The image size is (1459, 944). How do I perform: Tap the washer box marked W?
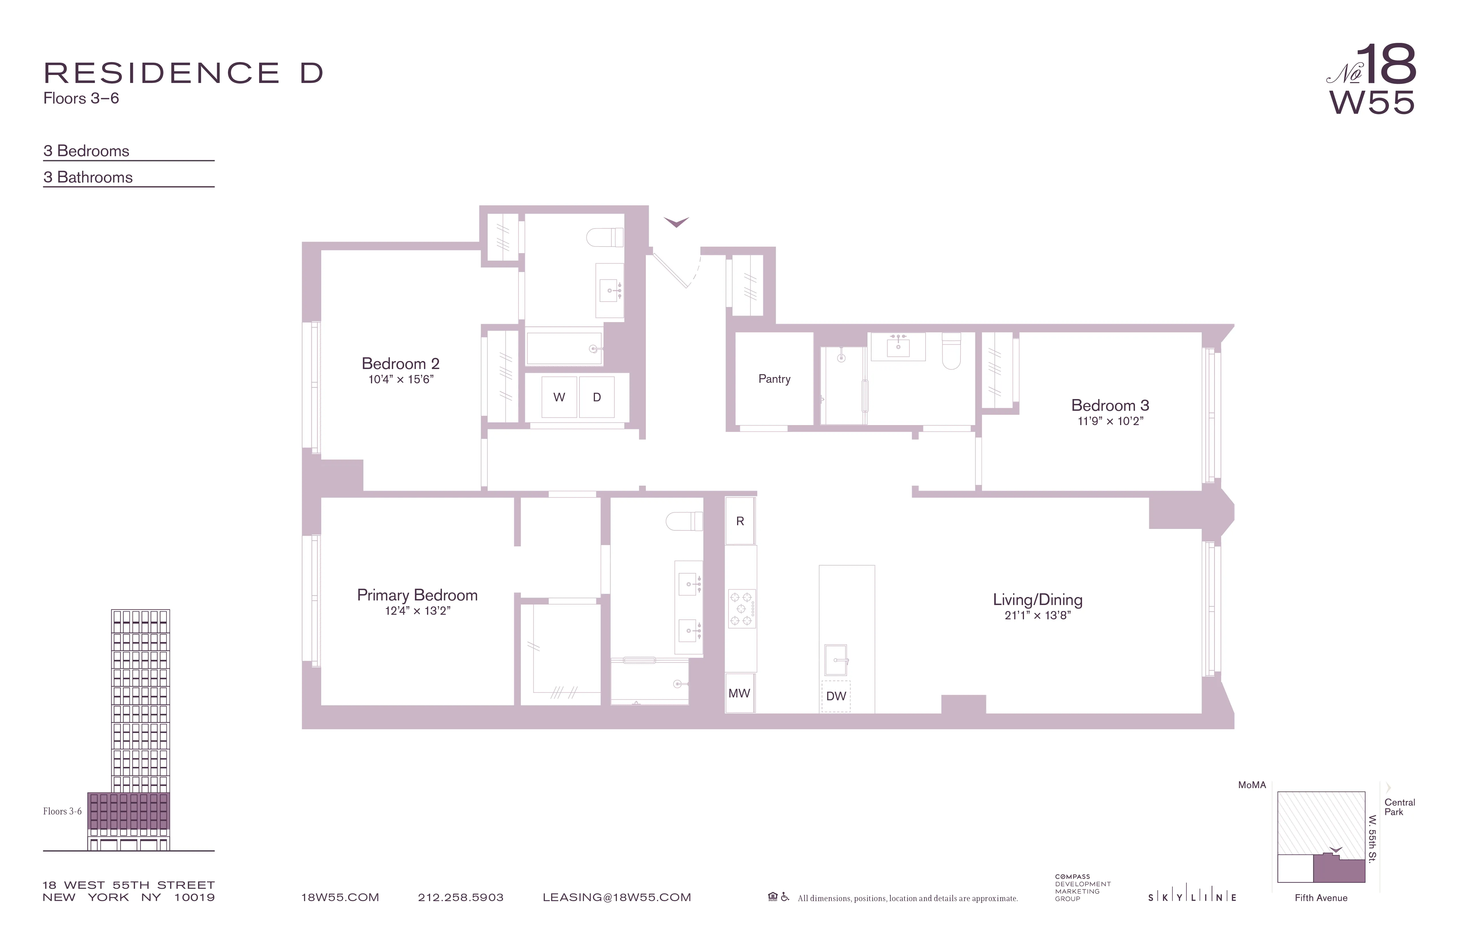(x=559, y=397)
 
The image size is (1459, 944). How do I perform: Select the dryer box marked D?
(x=597, y=397)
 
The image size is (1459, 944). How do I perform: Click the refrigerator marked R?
(x=740, y=521)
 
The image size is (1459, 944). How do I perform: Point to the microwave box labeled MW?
(x=739, y=693)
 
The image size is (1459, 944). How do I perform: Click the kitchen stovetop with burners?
(x=741, y=609)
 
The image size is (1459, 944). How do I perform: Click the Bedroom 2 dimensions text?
(x=401, y=379)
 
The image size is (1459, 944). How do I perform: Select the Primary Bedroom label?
(x=417, y=595)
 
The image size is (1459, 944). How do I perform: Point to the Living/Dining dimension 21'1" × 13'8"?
(x=1037, y=615)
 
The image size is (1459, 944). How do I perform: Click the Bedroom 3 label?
(x=1110, y=405)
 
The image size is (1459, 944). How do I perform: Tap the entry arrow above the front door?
(x=676, y=222)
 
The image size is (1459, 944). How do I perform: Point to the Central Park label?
(x=1400, y=807)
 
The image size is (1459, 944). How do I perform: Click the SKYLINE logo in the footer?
(x=1192, y=897)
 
